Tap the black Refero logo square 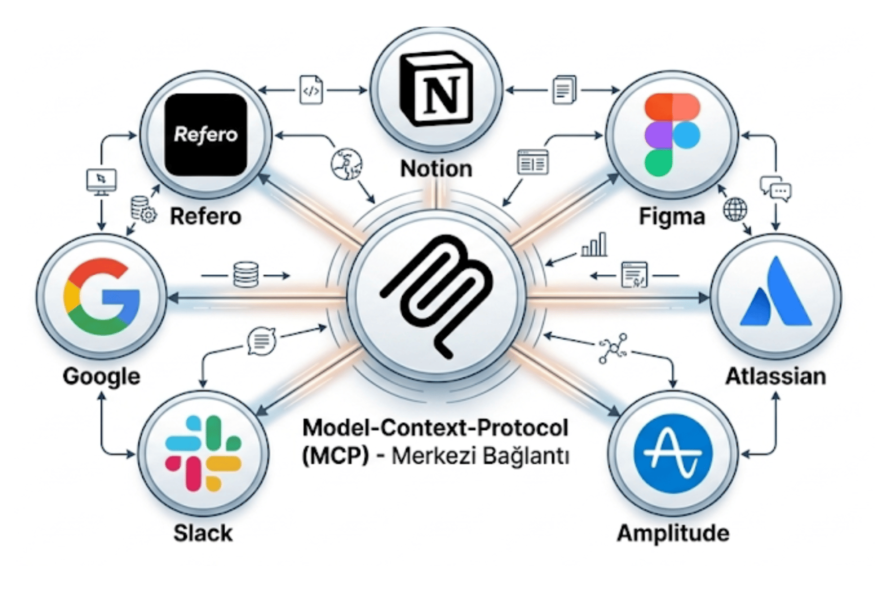[x=206, y=135]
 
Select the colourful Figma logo [x=671, y=135]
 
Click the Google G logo [x=102, y=297]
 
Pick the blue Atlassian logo [x=776, y=294]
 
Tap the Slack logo [x=203, y=453]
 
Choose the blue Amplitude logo [x=672, y=453]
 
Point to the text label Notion [x=436, y=169]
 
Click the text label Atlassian [x=776, y=377]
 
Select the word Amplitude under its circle [x=673, y=533]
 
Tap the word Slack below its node [x=203, y=533]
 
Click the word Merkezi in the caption [x=429, y=456]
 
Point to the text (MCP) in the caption [x=335, y=456]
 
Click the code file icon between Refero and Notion [x=311, y=91]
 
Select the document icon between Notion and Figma [x=564, y=90]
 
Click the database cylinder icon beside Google [x=246, y=275]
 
